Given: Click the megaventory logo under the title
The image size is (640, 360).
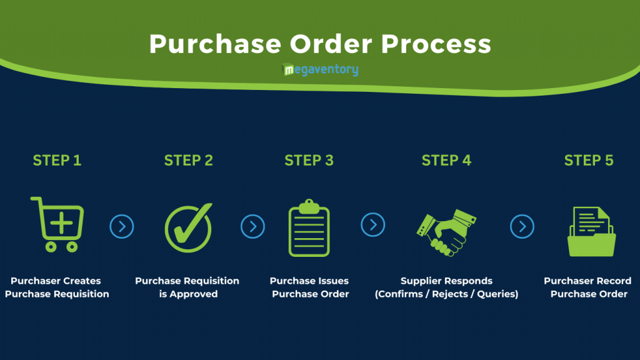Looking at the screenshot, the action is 321,69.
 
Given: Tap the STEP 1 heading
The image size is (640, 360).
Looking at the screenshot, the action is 57,161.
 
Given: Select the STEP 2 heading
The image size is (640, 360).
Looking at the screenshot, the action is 189,161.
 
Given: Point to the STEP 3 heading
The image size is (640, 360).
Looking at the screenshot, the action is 309,161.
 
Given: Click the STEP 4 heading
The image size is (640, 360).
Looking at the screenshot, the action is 446,161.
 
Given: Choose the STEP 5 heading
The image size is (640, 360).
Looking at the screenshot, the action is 589,161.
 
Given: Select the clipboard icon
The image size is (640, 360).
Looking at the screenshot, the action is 309,227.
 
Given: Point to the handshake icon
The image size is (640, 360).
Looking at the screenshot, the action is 446,232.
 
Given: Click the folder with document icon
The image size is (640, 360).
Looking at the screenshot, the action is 591,231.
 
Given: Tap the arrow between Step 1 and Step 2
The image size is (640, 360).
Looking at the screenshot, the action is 122,226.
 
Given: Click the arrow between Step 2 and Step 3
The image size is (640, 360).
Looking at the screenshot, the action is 252,226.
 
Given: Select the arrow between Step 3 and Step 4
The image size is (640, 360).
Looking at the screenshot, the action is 372,224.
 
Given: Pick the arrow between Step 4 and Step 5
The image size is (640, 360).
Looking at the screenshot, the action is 522,226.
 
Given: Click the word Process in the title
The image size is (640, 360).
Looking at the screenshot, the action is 436,44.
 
